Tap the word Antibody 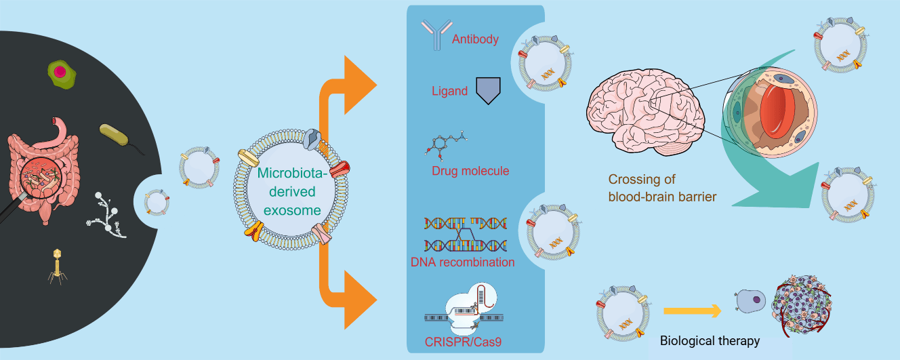point(475,39)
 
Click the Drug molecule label point(470,170)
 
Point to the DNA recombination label point(462,262)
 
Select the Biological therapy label point(710,341)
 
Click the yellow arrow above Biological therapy point(692,311)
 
